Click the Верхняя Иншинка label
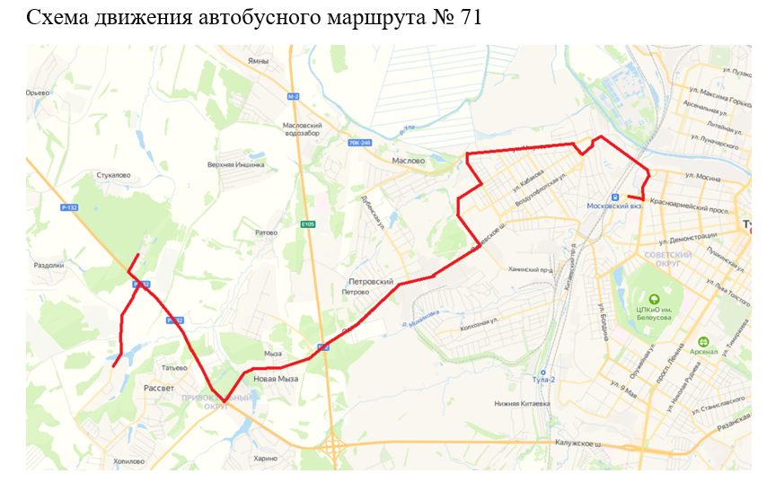(x=236, y=164)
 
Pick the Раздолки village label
(x=48, y=265)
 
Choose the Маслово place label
(x=409, y=161)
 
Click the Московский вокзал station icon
(x=615, y=197)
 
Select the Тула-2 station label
(x=543, y=381)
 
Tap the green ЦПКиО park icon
(x=654, y=299)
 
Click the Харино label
(x=266, y=458)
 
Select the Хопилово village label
(x=129, y=461)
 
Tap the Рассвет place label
(x=159, y=388)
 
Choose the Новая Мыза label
(x=275, y=379)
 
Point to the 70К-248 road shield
(x=359, y=142)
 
